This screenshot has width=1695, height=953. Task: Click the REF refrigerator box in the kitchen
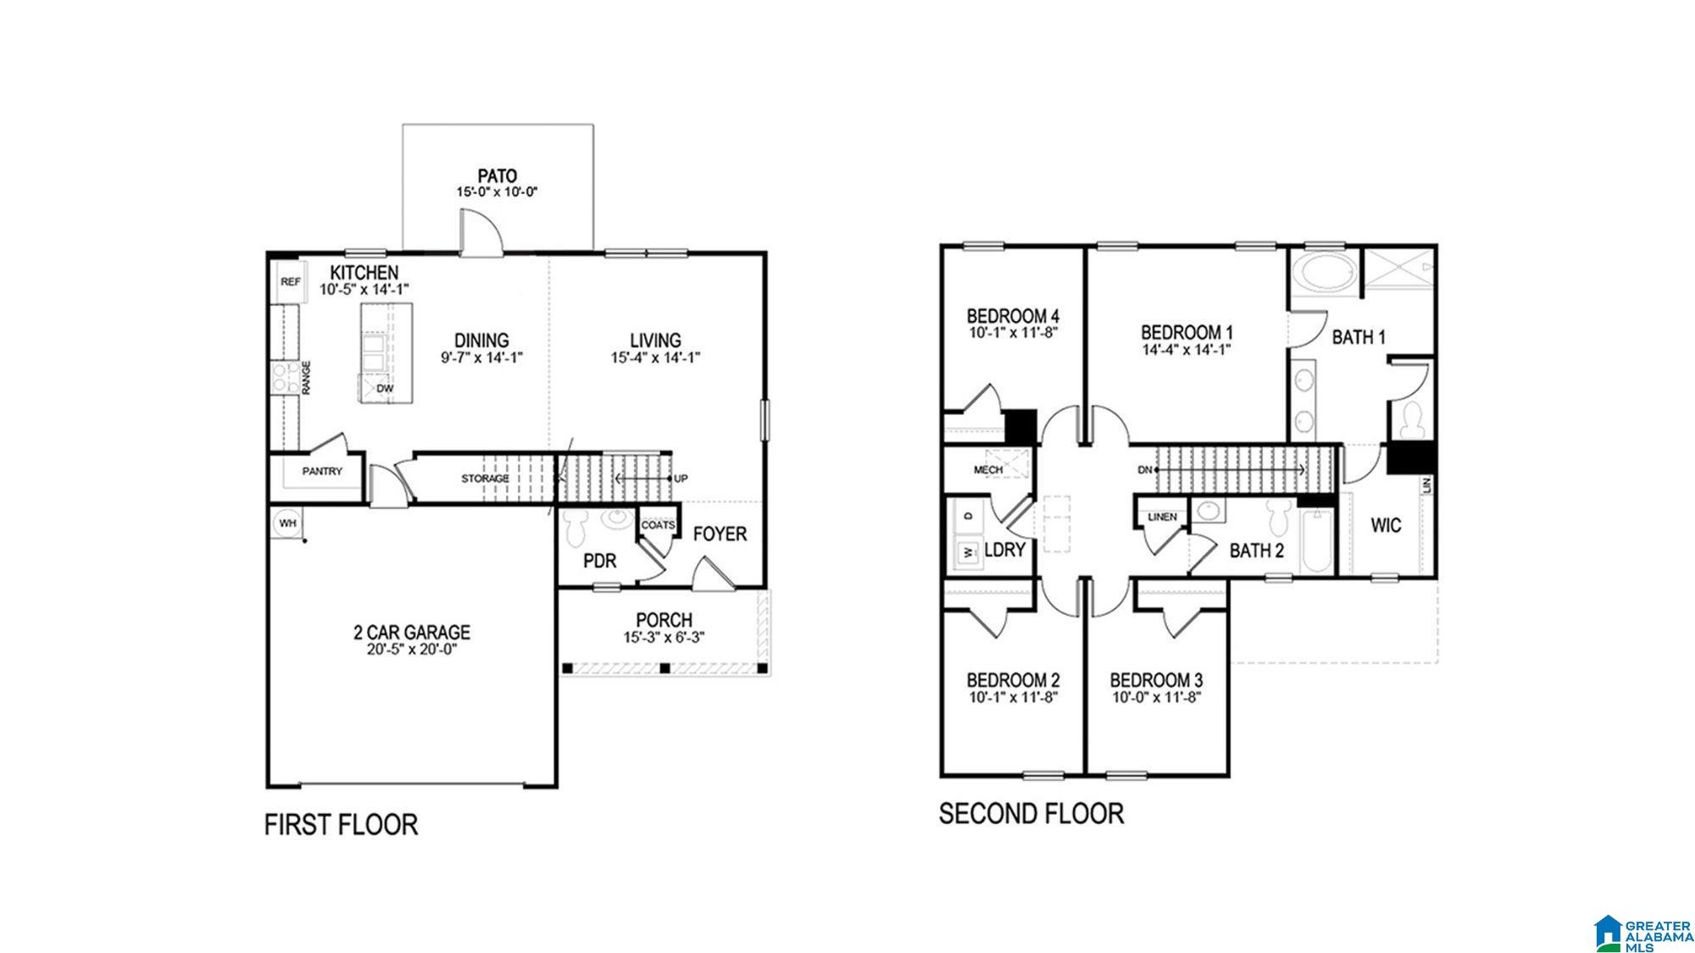tap(290, 282)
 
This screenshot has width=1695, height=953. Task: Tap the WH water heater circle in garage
tap(287, 524)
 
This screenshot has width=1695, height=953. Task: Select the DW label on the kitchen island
tap(385, 389)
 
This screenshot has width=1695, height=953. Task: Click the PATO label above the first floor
tap(497, 176)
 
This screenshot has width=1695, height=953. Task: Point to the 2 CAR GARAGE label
tap(412, 632)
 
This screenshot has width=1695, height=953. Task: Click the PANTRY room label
tap(322, 471)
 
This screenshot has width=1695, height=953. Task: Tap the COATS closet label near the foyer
tap(658, 525)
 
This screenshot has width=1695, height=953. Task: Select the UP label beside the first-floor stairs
tap(681, 479)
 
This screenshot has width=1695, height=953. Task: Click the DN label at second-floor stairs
tap(1145, 469)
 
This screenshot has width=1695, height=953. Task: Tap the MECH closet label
tap(988, 469)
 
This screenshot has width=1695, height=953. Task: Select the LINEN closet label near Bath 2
tap(1162, 517)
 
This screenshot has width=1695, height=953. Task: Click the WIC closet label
tap(1387, 525)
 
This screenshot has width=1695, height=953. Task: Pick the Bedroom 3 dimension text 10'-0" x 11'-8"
tap(1156, 698)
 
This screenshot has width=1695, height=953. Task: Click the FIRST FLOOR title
tap(342, 824)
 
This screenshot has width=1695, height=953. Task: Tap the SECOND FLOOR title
tap(1031, 813)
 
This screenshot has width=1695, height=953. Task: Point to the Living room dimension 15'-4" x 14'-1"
tap(655, 357)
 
